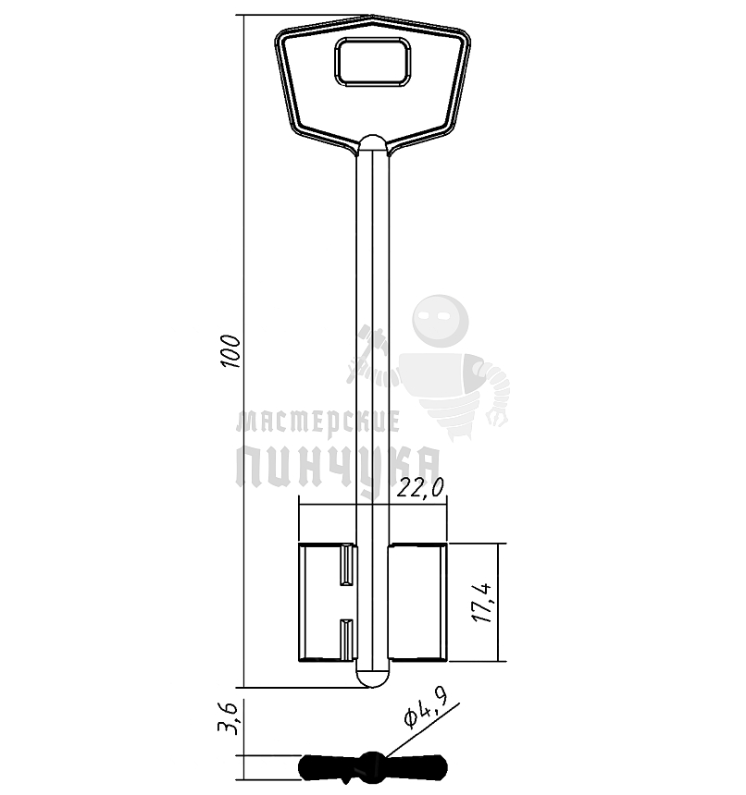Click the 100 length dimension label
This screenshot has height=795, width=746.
(x=230, y=351)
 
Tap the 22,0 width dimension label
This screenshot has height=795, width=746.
(x=420, y=488)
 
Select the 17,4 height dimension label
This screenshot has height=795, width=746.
(x=481, y=603)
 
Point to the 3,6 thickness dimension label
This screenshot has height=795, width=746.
(x=228, y=718)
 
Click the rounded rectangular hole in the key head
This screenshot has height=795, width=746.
(x=372, y=62)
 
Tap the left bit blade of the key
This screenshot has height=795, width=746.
(x=328, y=603)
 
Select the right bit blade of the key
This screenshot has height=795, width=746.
(x=417, y=603)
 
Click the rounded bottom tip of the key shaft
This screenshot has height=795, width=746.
(x=373, y=679)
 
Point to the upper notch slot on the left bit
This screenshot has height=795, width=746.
(x=348, y=564)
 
